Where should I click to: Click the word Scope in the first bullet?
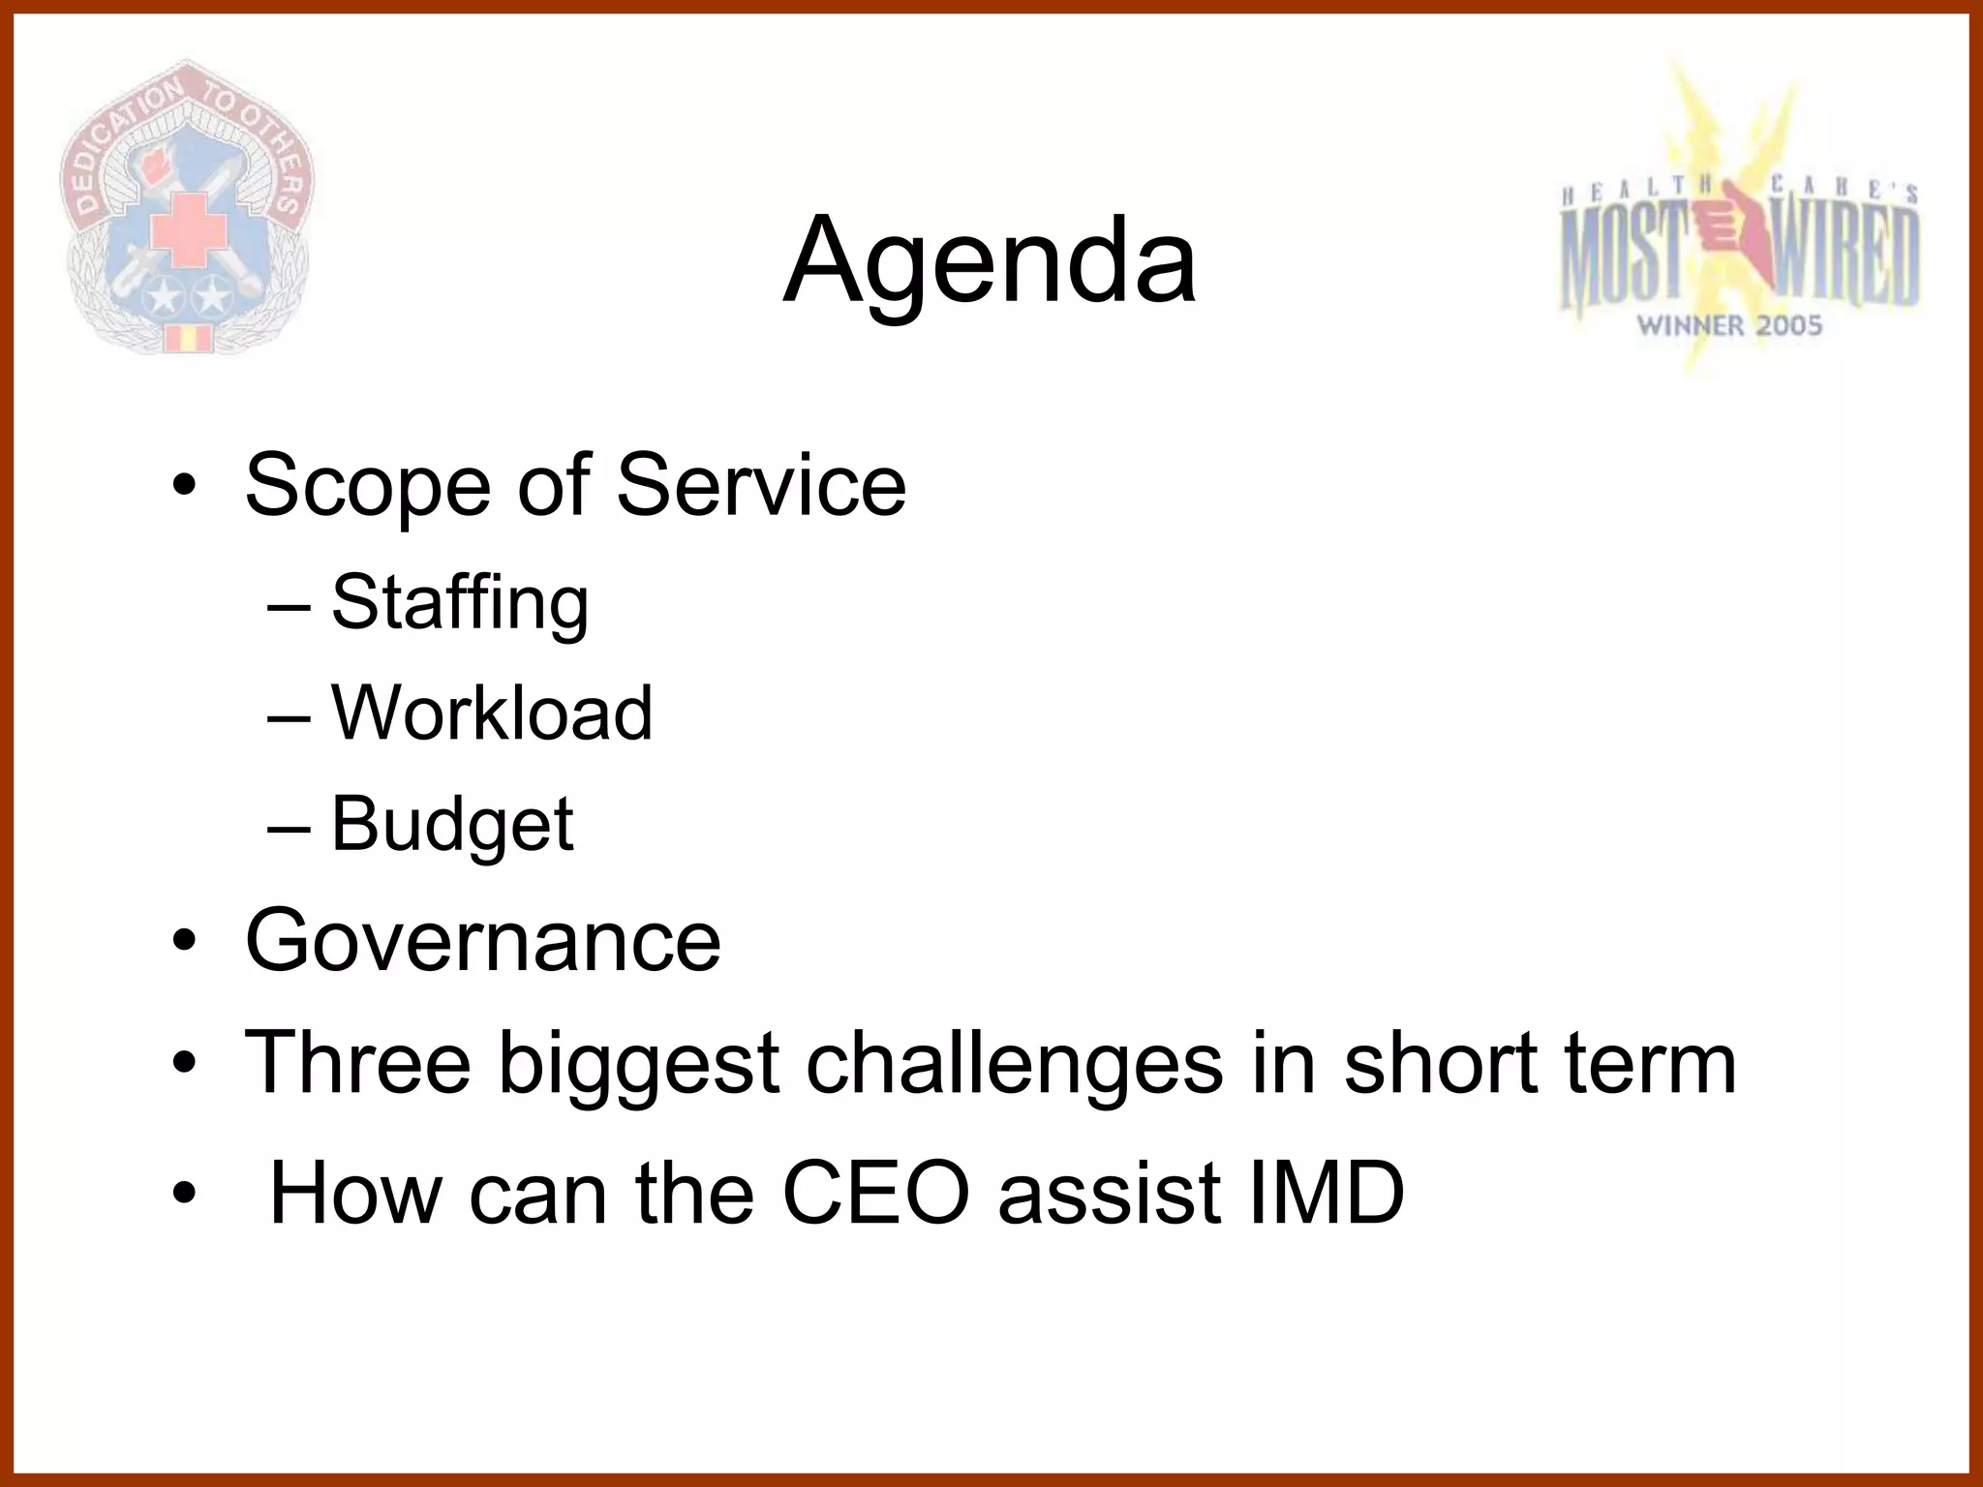point(368,486)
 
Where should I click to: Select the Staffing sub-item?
point(459,602)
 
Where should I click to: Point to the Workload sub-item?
point(492,713)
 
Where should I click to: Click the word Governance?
point(483,940)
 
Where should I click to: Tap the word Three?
point(357,1062)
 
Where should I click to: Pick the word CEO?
point(875,1193)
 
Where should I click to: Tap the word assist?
point(1110,1193)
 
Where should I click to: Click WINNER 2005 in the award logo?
point(1729,325)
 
